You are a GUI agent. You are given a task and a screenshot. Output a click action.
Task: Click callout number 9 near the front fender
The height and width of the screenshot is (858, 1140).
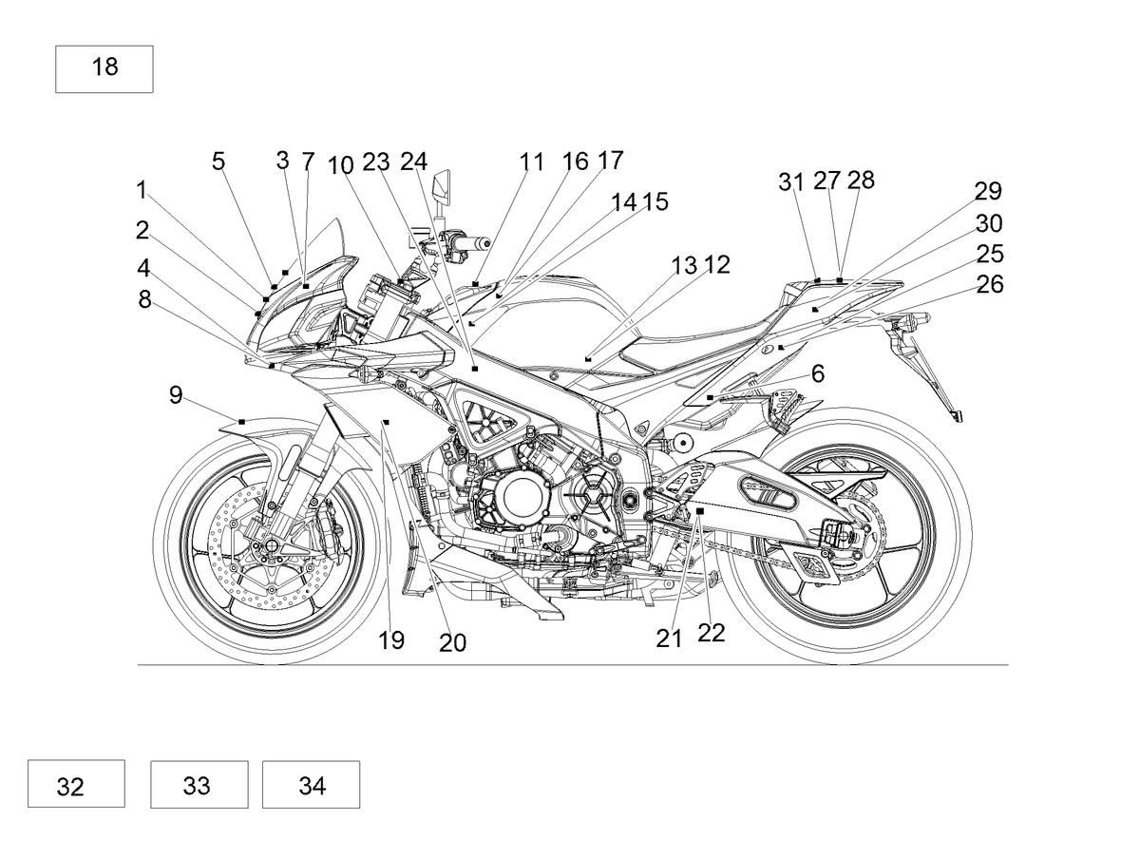click(x=176, y=395)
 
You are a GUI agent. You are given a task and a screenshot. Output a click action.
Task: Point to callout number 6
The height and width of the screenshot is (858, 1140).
click(x=818, y=373)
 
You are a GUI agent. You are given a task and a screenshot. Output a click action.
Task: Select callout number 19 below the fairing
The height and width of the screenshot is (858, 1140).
click(x=391, y=640)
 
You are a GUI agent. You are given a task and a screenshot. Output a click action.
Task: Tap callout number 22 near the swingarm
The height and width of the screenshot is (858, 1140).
click(x=711, y=633)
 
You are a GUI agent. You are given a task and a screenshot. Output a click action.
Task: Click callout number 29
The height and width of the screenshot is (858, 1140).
click(x=988, y=191)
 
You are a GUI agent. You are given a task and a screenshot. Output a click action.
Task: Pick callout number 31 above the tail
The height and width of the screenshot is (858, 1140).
click(x=791, y=182)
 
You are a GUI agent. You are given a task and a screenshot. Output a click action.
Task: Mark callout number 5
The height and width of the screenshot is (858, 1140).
click(x=218, y=161)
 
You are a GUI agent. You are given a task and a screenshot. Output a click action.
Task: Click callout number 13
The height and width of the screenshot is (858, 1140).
click(x=684, y=266)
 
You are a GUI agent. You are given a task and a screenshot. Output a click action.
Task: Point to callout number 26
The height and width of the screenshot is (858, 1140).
click(x=989, y=284)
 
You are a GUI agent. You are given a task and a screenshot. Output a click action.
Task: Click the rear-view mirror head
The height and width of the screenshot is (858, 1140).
click(x=442, y=185)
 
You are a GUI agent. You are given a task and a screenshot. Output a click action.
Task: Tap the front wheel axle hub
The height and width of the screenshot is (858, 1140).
click(x=271, y=545)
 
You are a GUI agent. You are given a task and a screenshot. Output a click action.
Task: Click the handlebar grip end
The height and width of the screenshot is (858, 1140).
click(x=485, y=242)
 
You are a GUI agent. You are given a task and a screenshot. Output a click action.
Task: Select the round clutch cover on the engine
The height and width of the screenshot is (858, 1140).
click(x=522, y=495)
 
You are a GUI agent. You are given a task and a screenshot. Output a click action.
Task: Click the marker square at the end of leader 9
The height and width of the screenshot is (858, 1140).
click(x=241, y=422)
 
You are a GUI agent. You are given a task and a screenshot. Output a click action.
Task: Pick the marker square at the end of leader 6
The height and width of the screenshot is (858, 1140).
click(x=710, y=397)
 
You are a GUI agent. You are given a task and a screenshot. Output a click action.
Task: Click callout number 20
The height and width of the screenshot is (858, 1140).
click(x=452, y=643)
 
